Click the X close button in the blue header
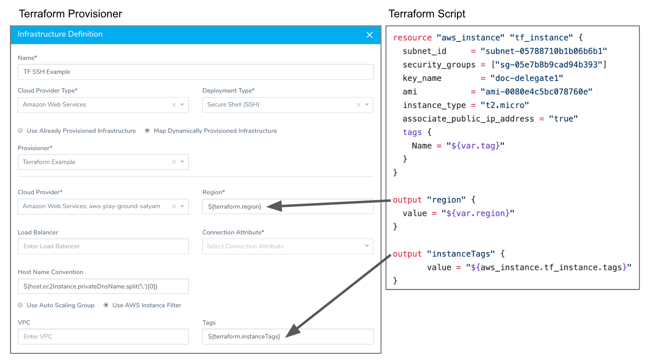tap(369, 35)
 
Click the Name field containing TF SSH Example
tap(196, 72)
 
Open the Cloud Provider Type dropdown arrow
tap(182, 105)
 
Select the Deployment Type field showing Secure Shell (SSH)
tap(288, 105)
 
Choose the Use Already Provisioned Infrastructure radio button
tap(20, 131)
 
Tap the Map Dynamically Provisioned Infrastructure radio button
tap(147, 131)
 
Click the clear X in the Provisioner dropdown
tap(174, 162)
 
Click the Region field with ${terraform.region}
tap(288, 206)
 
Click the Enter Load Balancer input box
tap(103, 246)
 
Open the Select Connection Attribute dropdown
tap(288, 246)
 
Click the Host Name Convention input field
tap(103, 286)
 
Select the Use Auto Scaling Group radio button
tap(20, 305)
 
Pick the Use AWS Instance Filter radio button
tap(106, 305)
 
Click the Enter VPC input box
tap(103, 336)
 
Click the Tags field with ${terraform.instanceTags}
tap(288, 336)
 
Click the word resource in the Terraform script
tap(412, 37)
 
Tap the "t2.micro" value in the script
tap(505, 105)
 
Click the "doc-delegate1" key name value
tap(527, 78)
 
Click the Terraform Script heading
tap(427, 13)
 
